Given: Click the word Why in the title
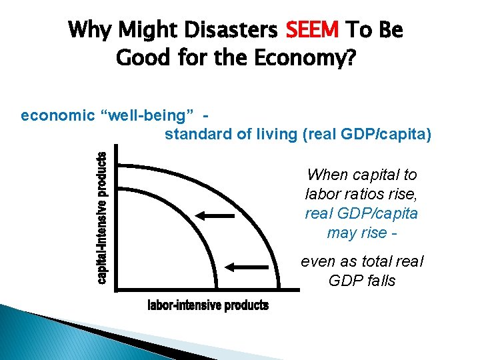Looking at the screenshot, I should pyautogui.click(x=89, y=30).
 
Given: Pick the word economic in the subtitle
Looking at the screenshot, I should pyautogui.click(x=57, y=115).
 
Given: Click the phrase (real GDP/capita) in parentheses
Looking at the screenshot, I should pyautogui.click(x=367, y=135).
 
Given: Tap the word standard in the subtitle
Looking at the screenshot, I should pyautogui.click(x=195, y=135).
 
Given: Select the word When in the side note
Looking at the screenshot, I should pyautogui.click(x=327, y=175).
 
